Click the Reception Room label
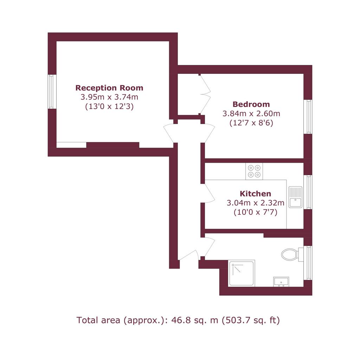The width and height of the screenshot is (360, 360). click(x=109, y=88)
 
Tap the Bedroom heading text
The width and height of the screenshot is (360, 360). click(x=251, y=104)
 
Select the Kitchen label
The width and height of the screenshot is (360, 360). click(x=255, y=194)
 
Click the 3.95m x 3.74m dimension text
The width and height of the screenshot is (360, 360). click(x=109, y=97)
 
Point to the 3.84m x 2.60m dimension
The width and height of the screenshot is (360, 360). click(x=251, y=114)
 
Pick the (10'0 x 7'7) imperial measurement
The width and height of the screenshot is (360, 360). click(x=255, y=212)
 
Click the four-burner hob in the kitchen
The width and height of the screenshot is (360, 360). click(x=254, y=171)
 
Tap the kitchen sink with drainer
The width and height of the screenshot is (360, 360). click(x=295, y=197)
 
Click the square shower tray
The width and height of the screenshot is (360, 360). click(x=242, y=273)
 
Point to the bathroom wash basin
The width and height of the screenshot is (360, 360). click(x=281, y=282)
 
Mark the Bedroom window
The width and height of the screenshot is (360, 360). click(x=308, y=117)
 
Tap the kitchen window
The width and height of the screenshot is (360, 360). click(x=308, y=192)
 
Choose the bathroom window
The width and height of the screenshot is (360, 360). click(x=308, y=263)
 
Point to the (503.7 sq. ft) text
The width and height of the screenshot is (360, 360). click(x=251, y=320)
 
